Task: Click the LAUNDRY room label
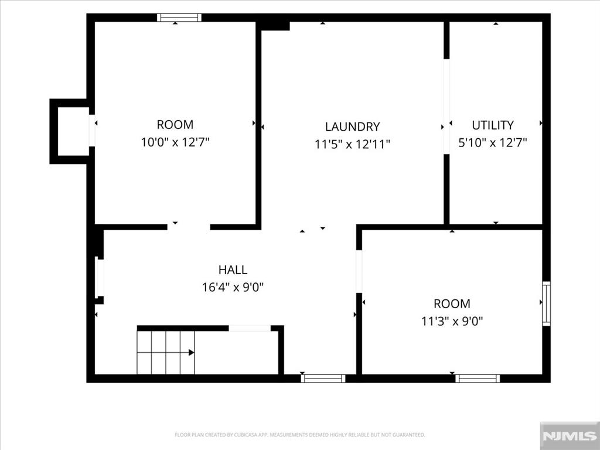tap(352, 127)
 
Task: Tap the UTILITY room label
tap(492, 125)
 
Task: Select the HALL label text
tap(233, 270)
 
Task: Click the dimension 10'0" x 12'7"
tap(175, 142)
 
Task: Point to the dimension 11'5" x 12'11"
tap(352, 144)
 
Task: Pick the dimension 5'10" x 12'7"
tap(492, 143)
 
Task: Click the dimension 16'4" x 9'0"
tap(233, 287)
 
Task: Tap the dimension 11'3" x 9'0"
tap(452, 321)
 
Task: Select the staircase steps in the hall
tap(166, 352)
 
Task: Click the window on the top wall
tap(179, 18)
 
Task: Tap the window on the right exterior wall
tap(547, 304)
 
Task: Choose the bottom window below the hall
tap(323, 379)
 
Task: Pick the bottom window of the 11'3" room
tap(478, 379)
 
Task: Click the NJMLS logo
tap(570, 436)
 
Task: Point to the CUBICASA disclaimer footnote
tap(299, 435)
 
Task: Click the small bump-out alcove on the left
tap(69, 131)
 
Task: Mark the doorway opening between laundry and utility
tap(446, 107)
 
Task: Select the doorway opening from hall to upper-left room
tap(189, 227)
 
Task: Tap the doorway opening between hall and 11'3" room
tap(359, 271)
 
